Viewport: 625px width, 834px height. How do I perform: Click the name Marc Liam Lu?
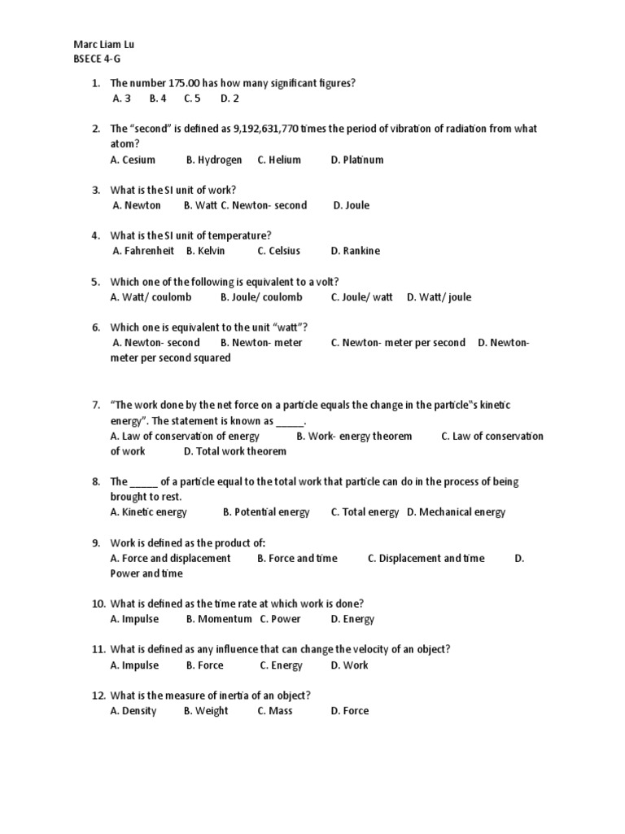pos(99,44)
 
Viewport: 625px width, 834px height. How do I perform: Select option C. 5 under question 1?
pos(192,99)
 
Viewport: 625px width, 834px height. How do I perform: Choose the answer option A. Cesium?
pos(133,160)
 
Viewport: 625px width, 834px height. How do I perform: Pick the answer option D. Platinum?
pos(357,160)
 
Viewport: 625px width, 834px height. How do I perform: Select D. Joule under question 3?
pos(351,205)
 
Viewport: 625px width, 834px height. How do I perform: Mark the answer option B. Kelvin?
pos(206,251)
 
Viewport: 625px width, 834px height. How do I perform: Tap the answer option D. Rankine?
pos(356,251)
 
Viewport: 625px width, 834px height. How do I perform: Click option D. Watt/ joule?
pos(439,297)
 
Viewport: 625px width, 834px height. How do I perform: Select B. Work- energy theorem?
pos(354,436)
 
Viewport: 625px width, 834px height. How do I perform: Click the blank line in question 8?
pos(143,482)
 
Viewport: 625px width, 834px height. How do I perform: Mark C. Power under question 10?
pos(280,619)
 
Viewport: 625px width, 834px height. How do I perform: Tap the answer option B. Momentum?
pos(219,619)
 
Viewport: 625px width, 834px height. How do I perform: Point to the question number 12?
pos(98,696)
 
